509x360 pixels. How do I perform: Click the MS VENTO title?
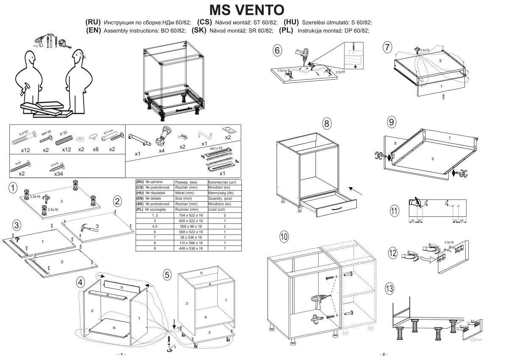click(247, 9)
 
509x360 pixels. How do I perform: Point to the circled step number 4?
click(80, 282)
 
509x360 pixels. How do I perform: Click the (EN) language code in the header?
click(94, 31)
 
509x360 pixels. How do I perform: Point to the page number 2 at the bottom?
click(383, 354)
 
